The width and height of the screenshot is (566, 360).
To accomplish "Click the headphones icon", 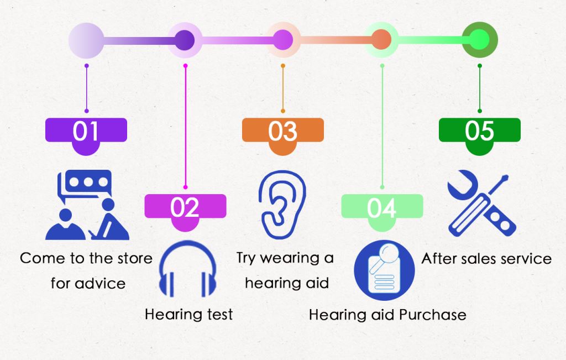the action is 187,269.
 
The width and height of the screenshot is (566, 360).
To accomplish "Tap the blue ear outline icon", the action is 282,205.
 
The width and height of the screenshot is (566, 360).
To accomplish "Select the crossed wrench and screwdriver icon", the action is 481,204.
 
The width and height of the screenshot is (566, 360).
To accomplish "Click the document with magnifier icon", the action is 384,270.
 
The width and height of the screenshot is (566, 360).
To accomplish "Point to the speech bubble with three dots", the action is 85,184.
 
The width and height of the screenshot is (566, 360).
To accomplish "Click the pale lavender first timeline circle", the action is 86,40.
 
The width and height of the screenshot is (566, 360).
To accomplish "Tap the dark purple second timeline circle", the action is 185,40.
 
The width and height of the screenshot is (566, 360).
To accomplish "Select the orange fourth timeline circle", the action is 381,40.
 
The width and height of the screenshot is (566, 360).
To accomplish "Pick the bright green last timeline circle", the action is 480,40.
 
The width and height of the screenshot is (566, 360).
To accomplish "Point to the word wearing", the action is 290,259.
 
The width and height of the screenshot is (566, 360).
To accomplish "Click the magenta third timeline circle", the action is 282,40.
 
